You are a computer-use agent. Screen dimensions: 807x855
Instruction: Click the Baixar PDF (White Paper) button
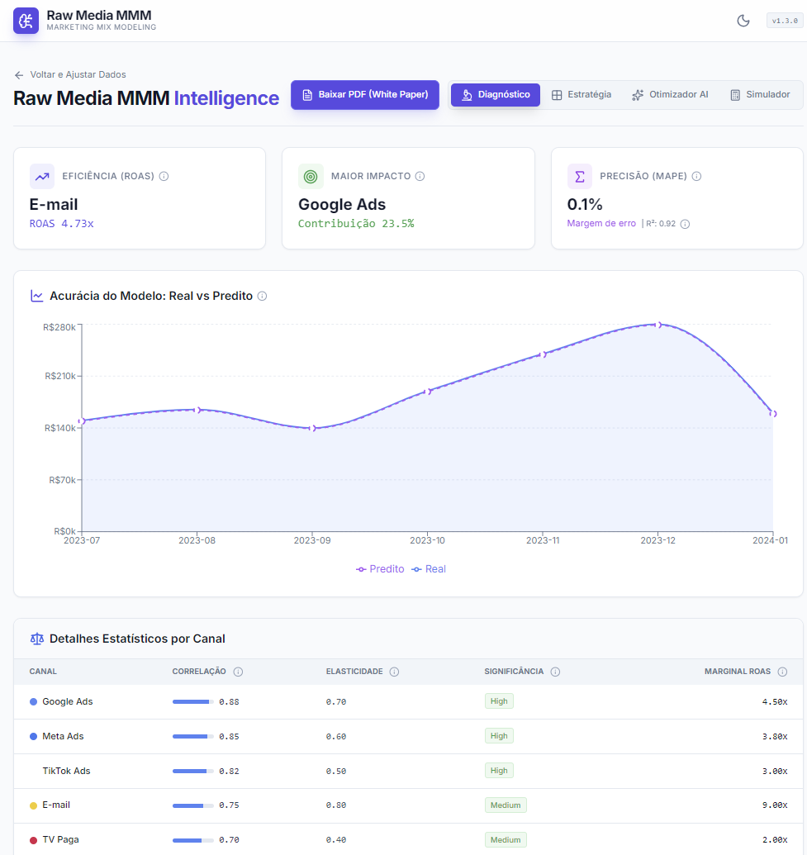(365, 95)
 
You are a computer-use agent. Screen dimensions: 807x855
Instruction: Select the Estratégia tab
(582, 95)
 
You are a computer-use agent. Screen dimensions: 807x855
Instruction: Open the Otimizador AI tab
(670, 95)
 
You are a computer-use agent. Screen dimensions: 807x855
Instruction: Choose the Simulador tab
(760, 95)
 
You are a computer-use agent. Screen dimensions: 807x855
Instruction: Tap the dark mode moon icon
(743, 21)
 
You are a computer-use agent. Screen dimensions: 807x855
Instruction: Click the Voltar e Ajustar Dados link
(70, 74)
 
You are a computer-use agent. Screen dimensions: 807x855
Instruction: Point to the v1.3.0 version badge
(785, 21)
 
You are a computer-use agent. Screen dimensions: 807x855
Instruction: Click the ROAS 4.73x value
(62, 224)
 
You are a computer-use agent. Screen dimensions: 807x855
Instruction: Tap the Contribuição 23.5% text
(356, 224)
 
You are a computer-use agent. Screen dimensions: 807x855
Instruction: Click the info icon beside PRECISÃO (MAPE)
(696, 176)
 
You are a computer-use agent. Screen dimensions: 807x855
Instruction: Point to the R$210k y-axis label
(60, 376)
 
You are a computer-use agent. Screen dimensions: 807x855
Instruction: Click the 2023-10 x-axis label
(428, 540)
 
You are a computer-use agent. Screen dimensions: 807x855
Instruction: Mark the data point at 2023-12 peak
(658, 325)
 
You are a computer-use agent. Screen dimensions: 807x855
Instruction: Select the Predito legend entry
(380, 569)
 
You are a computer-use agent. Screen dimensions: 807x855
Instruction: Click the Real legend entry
(429, 569)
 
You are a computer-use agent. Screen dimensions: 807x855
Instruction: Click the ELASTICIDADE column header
(354, 672)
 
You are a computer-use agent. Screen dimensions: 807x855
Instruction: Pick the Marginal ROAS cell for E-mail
(775, 805)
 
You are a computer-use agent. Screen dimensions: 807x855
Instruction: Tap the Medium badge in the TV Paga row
(506, 840)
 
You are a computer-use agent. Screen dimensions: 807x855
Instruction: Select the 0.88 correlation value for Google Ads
(229, 702)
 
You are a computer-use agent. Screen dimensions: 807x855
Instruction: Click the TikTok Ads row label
(67, 771)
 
